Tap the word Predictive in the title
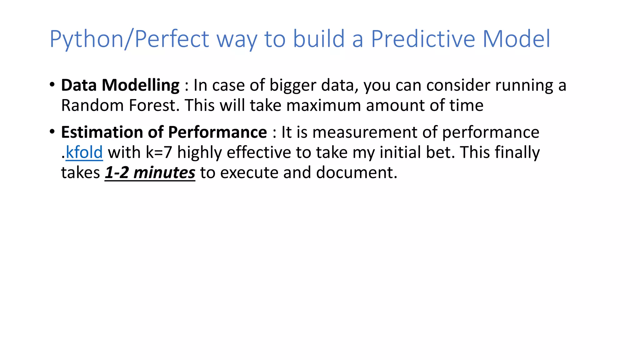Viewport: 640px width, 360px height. coord(423,39)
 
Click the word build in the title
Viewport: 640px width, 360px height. coord(319,39)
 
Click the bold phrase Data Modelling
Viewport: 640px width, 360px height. coord(120,85)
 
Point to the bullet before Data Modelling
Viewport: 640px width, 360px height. coord(52,85)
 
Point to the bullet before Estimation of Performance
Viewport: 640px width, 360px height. coord(52,132)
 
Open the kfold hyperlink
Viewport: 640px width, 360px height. coord(84,152)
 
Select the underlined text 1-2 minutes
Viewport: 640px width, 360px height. coord(150,172)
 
